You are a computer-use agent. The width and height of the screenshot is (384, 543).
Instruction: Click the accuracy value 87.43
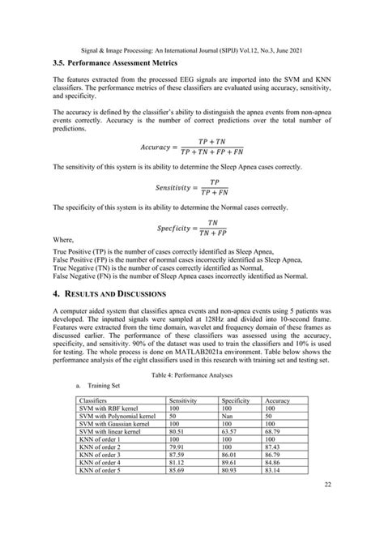275,447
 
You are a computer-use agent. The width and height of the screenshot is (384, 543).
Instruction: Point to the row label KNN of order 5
100,471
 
